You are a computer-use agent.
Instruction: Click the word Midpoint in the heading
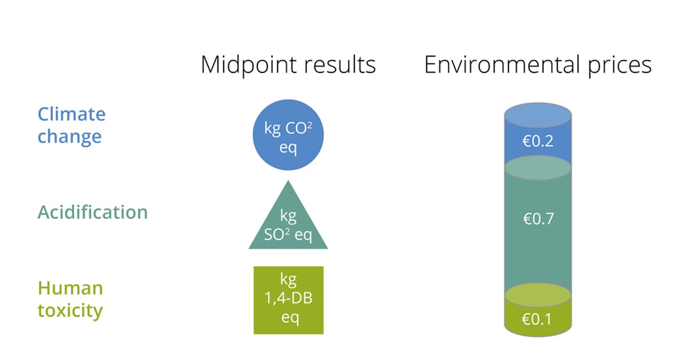tap(248, 65)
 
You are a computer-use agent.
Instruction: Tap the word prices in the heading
tap(620, 66)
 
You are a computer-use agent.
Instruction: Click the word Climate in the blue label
tap(71, 114)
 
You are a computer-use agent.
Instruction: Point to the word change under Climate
tap(70, 136)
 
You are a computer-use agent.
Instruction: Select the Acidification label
tap(93, 212)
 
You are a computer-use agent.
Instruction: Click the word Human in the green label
tap(70, 288)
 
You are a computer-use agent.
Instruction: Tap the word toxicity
tap(70, 310)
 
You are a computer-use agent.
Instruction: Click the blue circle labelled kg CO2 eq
tap(288, 135)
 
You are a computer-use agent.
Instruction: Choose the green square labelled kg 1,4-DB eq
tap(289, 300)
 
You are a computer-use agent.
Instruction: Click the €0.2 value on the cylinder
tap(538, 141)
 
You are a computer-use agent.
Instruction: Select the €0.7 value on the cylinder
tap(538, 219)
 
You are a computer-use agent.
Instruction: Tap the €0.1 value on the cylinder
tap(537, 319)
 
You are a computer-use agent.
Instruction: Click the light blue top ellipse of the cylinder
tap(538, 115)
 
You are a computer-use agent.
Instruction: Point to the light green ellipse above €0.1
tap(538, 295)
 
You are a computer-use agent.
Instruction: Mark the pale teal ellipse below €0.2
tap(538, 168)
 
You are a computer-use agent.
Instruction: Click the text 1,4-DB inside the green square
tap(289, 298)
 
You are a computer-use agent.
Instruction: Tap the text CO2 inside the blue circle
tap(298, 128)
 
